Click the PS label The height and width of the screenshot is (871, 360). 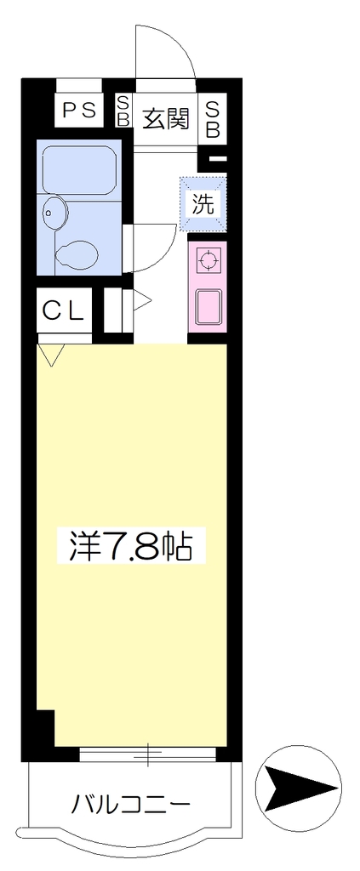pos(79,110)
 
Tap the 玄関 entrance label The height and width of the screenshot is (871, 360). pos(166,117)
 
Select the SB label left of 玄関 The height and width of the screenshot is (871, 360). pos(123,110)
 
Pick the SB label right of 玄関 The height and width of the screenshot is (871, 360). pos(214,119)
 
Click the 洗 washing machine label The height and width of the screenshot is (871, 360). pos(203,204)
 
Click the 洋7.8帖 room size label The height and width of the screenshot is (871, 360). pos(131,546)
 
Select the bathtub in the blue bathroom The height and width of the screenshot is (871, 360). pos(78,170)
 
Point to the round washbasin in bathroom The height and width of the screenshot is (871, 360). pos(53,212)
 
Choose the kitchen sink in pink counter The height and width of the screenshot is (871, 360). pos(207,306)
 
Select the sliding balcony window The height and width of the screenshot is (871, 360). pos(147,754)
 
